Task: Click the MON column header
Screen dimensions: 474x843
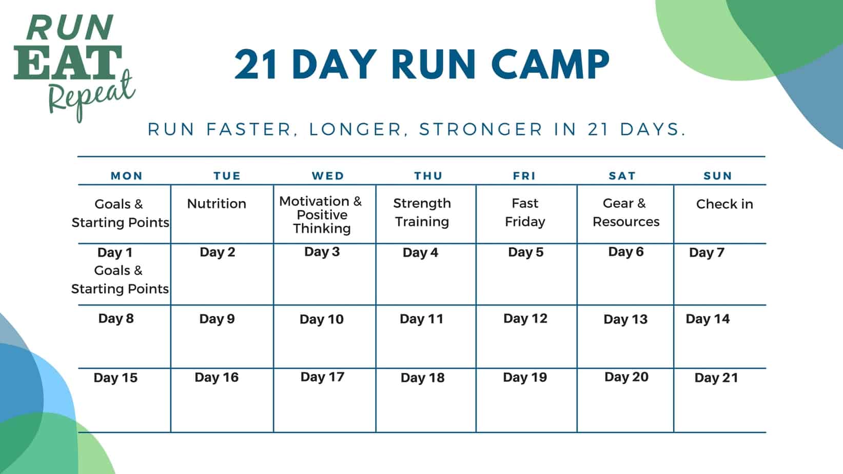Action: click(x=127, y=176)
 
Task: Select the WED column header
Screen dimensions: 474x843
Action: click(x=328, y=176)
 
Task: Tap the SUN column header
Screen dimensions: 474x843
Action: click(x=717, y=176)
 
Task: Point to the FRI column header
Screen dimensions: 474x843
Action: click(x=524, y=176)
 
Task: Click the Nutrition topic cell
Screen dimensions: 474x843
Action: click(x=217, y=204)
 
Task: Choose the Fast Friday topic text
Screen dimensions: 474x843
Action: click(x=525, y=212)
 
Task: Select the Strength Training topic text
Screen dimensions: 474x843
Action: click(x=422, y=212)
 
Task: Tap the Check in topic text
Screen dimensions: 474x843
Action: click(x=724, y=204)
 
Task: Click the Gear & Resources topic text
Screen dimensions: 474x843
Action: click(x=625, y=212)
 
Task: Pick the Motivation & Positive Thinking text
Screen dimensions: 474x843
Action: click(x=321, y=214)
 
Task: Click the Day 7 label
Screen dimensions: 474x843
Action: click(x=707, y=252)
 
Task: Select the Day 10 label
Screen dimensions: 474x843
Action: click(x=322, y=319)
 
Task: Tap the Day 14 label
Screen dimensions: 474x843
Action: click(x=708, y=319)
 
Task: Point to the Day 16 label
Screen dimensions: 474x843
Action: click(x=217, y=378)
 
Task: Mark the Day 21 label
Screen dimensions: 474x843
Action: click(x=716, y=378)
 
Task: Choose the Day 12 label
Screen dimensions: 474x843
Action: click(x=525, y=319)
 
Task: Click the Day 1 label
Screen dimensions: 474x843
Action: click(x=115, y=252)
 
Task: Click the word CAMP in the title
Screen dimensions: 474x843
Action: click(x=550, y=65)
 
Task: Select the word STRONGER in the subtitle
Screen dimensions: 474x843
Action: click(x=481, y=129)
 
